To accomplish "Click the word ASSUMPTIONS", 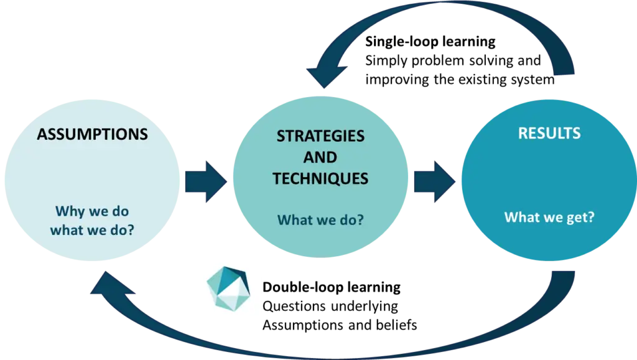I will click(92, 134).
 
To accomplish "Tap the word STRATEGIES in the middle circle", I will click(320, 136).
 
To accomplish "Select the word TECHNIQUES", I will click(320, 178).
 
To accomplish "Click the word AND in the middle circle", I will click(320, 157).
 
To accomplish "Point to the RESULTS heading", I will click(549, 133).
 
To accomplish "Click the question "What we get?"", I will click(549, 218).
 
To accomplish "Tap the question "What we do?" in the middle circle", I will click(320, 219).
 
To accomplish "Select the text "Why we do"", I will click(92, 211).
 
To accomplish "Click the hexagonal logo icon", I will click(228, 288).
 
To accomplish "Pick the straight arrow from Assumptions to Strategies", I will click(206, 182).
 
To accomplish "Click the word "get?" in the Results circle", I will click(579, 218).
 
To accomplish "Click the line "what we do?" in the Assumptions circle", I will click(92, 230).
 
